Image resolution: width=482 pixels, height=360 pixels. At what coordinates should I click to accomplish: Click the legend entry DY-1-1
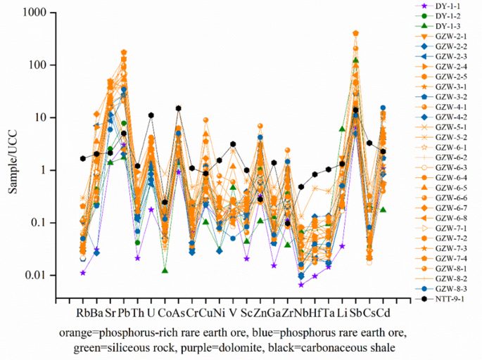pyautogui.click(x=450, y=6)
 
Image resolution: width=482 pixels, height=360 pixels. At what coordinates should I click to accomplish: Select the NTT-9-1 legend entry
pyautogui.click(x=450, y=300)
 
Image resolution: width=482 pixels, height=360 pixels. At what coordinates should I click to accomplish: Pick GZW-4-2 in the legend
pyautogui.click(x=450, y=116)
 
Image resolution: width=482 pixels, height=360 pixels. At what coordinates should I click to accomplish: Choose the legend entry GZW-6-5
pyautogui.click(x=450, y=188)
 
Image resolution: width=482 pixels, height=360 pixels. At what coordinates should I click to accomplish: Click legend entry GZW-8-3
pyautogui.click(x=450, y=289)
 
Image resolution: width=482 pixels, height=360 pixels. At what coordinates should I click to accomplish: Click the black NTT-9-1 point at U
pyautogui.click(x=151, y=115)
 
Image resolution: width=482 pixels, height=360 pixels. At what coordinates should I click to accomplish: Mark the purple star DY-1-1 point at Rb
pyautogui.click(x=83, y=273)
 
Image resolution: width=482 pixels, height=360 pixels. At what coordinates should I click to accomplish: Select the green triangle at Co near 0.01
pyautogui.click(x=165, y=270)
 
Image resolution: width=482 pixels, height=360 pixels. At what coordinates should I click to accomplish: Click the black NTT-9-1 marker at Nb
pyautogui.click(x=301, y=187)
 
